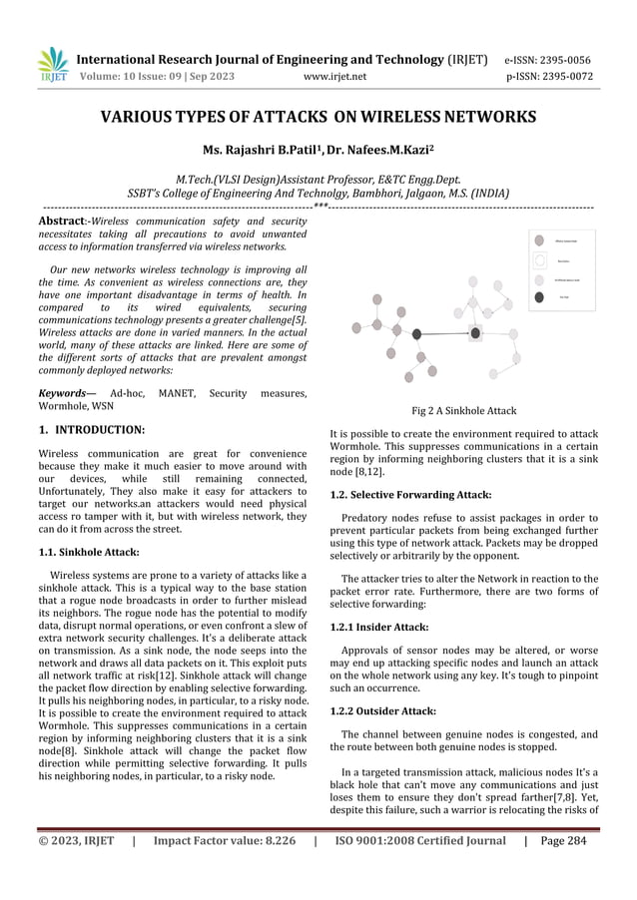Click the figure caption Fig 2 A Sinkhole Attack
[463, 410]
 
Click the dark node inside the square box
[475, 332]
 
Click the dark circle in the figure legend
[539, 296]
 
